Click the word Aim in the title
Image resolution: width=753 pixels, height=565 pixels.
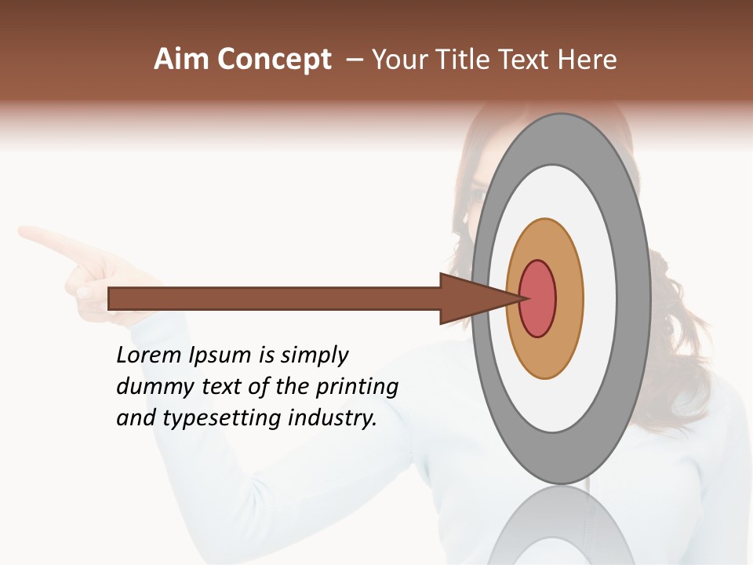coord(181,60)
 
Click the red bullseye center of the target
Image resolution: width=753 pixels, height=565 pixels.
coord(538,298)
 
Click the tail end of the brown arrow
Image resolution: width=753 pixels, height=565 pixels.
coord(110,298)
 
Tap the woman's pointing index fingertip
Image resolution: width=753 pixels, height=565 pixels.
coord(23,231)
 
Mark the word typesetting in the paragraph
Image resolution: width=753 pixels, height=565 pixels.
coord(223,419)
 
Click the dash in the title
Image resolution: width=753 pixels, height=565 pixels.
coord(354,60)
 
